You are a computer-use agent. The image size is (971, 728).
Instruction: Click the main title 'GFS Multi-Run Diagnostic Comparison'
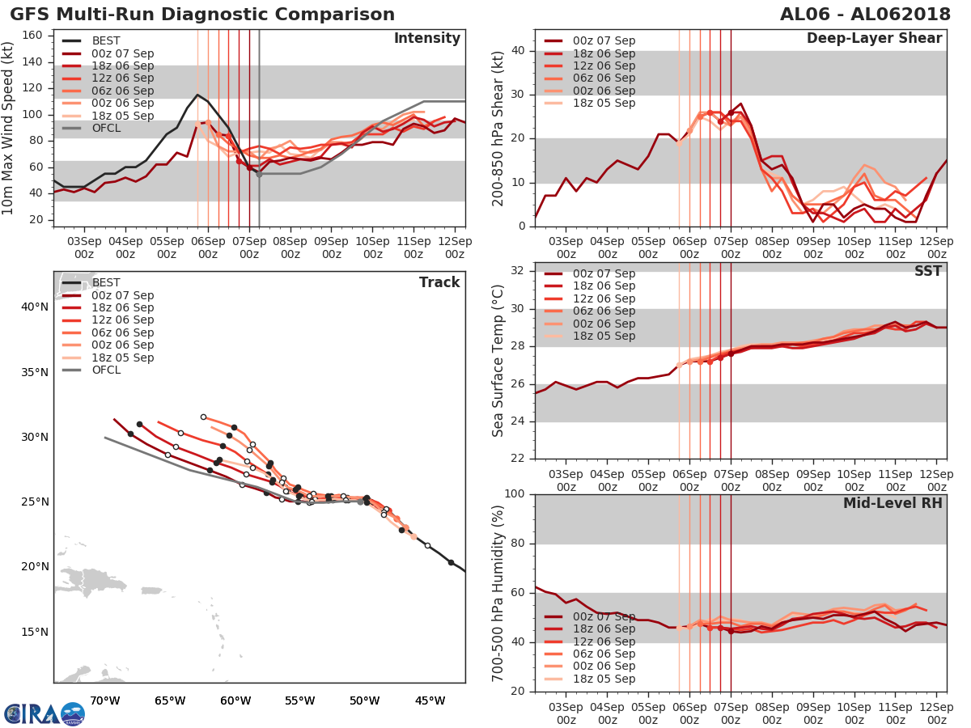pos(202,15)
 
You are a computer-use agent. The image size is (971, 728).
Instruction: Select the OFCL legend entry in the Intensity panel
pos(106,128)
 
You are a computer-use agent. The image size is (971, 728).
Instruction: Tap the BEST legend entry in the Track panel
pos(106,282)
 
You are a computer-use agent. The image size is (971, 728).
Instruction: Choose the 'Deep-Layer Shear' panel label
pos(874,39)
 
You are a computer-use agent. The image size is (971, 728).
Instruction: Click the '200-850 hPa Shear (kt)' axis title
pos(498,129)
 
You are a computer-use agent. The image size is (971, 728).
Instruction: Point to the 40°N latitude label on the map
pos(34,307)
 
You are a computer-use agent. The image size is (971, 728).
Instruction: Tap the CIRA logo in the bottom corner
pos(44,713)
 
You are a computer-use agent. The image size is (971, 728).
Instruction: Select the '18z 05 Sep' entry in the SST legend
pos(604,336)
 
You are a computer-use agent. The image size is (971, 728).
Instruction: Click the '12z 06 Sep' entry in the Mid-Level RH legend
pos(604,641)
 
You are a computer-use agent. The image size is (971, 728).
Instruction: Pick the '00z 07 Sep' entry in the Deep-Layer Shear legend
pos(604,40)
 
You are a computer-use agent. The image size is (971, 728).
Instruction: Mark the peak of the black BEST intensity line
pos(197,94)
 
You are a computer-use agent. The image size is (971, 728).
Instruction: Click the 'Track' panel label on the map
pos(439,282)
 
